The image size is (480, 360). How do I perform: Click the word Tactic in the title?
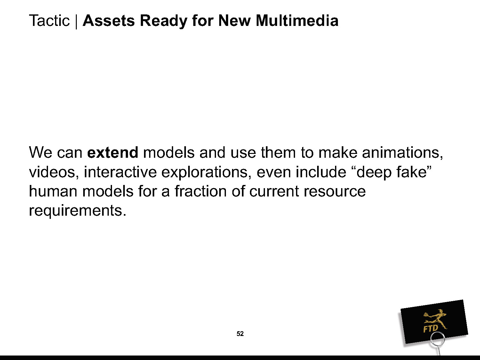click(x=49, y=20)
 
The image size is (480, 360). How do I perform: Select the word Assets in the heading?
click(x=109, y=20)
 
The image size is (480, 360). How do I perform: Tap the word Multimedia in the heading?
click(x=297, y=20)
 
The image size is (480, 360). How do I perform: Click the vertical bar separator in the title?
click(x=76, y=21)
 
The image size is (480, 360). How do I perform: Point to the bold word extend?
click(x=113, y=152)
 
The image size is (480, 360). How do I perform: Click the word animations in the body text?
click(x=402, y=153)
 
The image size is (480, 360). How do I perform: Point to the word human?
click(x=53, y=191)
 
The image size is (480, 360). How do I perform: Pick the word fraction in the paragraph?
click(x=201, y=191)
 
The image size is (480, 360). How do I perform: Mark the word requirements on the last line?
click(x=78, y=211)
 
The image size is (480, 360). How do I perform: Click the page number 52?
click(x=240, y=333)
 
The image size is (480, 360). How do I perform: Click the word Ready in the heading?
click(x=163, y=21)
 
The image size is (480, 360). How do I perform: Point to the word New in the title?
click(x=235, y=20)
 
